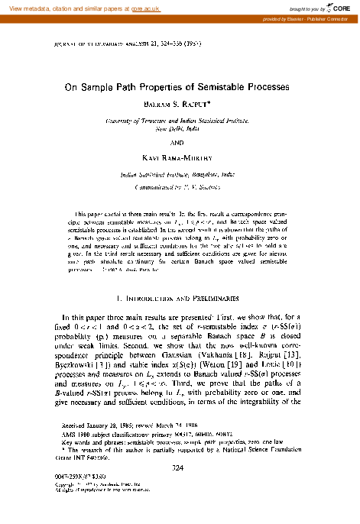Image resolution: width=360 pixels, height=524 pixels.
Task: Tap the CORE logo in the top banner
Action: point(339,7)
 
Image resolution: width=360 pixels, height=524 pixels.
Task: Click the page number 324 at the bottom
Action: point(180,468)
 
